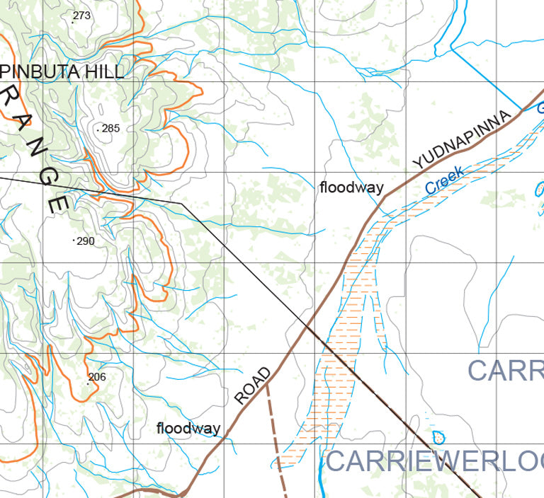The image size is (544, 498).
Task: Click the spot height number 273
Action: [x=82, y=16]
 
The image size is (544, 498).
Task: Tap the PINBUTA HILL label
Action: [x=62, y=71]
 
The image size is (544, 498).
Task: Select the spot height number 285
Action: [x=110, y=129]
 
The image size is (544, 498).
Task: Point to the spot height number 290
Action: [x=85, y=241]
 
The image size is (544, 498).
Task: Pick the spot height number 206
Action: [x=96, y=377]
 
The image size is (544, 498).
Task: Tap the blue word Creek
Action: [x=446, y=180]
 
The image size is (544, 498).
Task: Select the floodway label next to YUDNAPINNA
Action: [x=351, y=188]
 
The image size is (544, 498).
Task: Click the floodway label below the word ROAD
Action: [x=188, y=429]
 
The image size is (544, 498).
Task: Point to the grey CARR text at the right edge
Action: [x=505, y=370]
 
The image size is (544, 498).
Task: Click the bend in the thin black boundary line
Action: [x=182, y=203]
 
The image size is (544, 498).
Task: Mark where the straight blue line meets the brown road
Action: [x=522, y=110]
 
